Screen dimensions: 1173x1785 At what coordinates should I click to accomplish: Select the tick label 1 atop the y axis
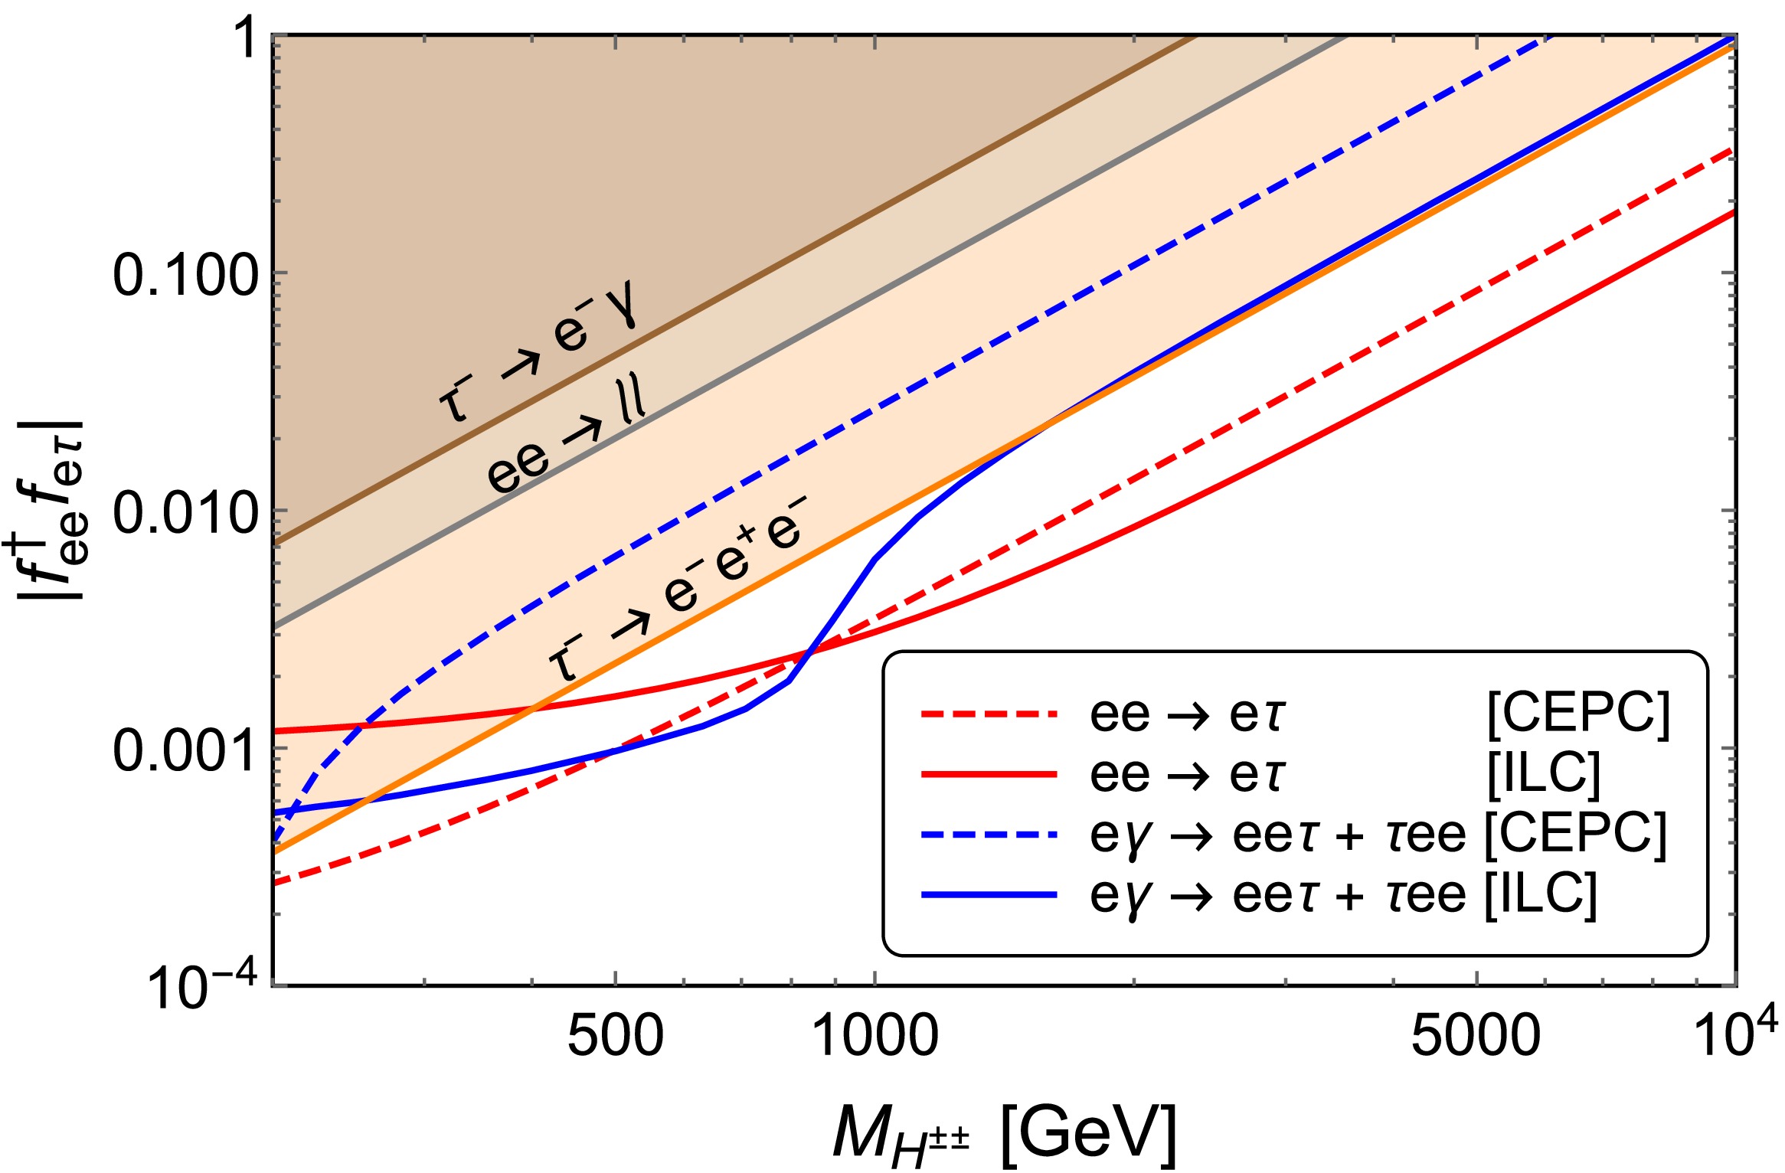pyautogui.click(x=247, y=38)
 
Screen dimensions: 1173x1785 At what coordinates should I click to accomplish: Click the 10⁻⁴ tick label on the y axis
pyautogui.click(x=201, y=988)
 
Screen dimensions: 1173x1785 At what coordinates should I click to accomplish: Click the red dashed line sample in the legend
pyautogui.click(x=989, y=714)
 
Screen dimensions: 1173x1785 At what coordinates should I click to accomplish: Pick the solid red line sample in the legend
pyautogui.click(x=989, y=774)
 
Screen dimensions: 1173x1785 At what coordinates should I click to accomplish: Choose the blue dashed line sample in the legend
pyautogui.click(x=989, y=834)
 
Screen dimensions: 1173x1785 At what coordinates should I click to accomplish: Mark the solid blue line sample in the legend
pyautogui.click(x=989, y=894)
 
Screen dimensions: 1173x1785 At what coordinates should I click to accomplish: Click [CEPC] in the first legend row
pyautogui.click(x=1578, y=714)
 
